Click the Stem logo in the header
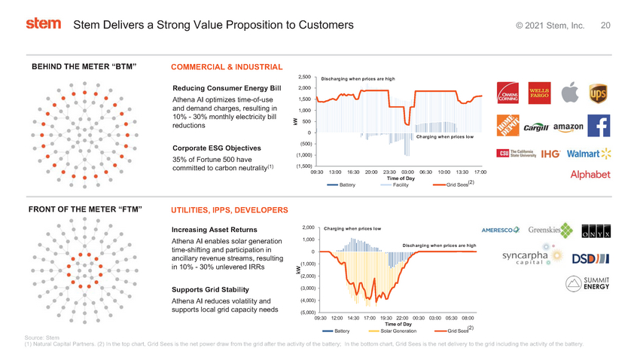coord(43,24)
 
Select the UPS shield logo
coord(599,93)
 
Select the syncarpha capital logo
coord(527,257)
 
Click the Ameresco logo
coord(501,230)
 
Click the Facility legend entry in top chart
coord(400,185)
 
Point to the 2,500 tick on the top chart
coord(305,76)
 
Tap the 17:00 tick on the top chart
coord(480,172)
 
